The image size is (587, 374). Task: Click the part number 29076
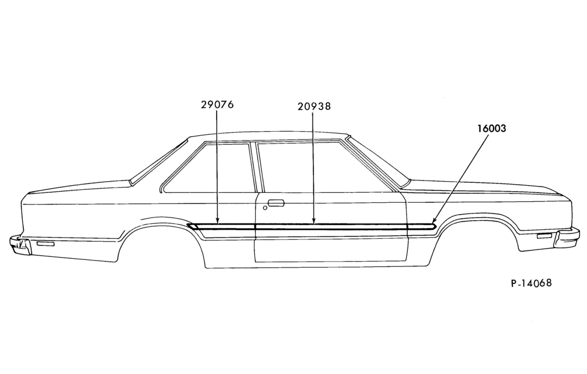coord(217,104)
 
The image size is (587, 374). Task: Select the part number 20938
coord(314,106)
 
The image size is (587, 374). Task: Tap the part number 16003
coord(491,128)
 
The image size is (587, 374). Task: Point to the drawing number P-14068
coord(531,282)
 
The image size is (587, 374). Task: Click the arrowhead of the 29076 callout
coord(217,221)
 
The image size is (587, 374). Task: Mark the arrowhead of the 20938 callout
coord(313,221)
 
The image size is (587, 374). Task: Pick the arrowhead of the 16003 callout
coord(434,221)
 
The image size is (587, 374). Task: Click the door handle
coord(276,203)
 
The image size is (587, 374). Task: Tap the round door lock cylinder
coord(265,208)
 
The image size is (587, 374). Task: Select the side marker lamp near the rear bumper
coord(45,244)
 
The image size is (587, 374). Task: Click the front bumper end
coord(568,238)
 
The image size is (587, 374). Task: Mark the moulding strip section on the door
coord(330,226)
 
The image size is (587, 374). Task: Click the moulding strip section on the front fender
coord(420,226)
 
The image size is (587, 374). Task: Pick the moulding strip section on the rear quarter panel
coord(221,226)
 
